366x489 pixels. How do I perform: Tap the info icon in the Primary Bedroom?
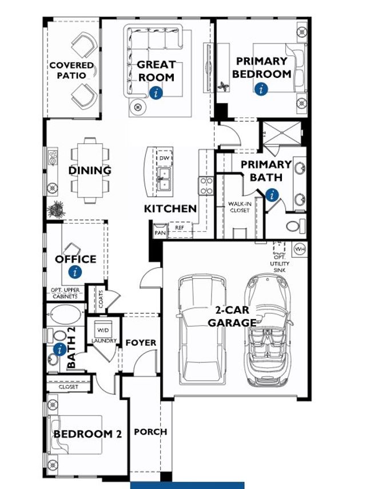pyautogui.click(x=261, y=89)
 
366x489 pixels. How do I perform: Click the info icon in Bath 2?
pyautogui.click(x=58, y=349)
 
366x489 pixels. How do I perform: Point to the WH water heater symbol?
pyautogui.click(x=300, y=249)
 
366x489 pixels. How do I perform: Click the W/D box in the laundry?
pyautogui.click(x=104, y=330)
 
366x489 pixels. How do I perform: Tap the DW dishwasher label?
pyautogui.click(x=164, y=157)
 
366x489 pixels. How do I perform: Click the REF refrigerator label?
pyautogui.click(x=180, y=227)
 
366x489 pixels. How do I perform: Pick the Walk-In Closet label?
pyautogui.click(x=239, y=207)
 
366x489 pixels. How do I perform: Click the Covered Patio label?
pyautogui.click(x=71, y=70)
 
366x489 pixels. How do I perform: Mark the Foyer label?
pyautogui.click(x=141, y=342)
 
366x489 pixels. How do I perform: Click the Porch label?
pyautogui.click(x=151, y=432)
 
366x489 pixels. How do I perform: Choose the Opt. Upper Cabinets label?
pyautogui.click(x=65, y=293)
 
